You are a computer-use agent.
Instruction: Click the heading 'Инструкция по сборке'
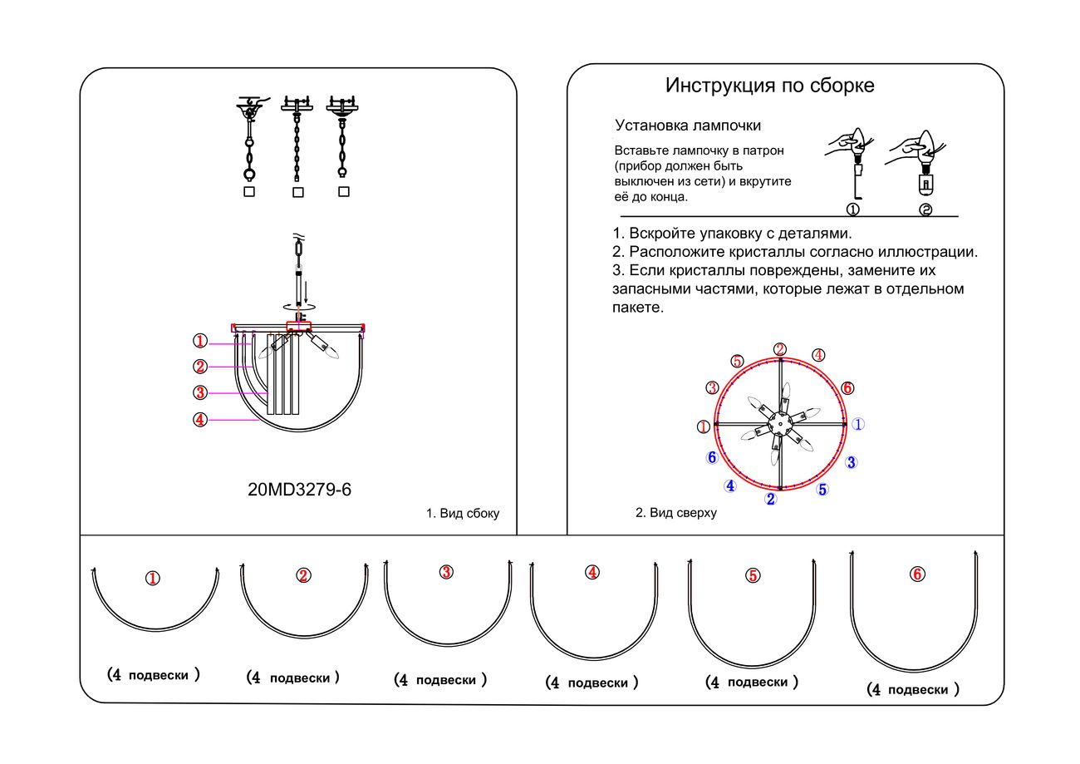click(769, 86)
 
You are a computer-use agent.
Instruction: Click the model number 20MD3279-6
click(299, 490)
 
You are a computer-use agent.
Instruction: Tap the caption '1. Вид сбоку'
click(463, 514)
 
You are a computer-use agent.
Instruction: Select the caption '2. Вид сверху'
click(675, 513)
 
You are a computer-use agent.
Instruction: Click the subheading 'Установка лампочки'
click(688, 126)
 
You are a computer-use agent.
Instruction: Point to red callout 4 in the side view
click(199, 420)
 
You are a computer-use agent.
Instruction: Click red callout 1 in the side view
click(199, 341)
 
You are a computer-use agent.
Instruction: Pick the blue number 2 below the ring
click(771, 500)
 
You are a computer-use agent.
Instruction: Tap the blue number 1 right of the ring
click(859, 424)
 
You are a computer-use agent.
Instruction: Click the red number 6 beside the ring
click(847, 388)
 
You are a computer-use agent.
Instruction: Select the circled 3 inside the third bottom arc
click(446, 572)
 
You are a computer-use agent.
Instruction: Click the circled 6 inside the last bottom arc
click(917, 574)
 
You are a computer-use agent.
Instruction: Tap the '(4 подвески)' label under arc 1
click(154, 675)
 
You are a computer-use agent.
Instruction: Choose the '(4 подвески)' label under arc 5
click(752, 682)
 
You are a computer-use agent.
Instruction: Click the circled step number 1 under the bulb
click(852, 209)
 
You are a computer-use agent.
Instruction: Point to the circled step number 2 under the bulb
click(925, 209)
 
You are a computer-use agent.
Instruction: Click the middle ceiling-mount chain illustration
click(297, 137)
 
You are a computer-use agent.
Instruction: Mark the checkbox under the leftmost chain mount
click(249, 191)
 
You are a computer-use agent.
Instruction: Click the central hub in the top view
click(779, 423)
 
